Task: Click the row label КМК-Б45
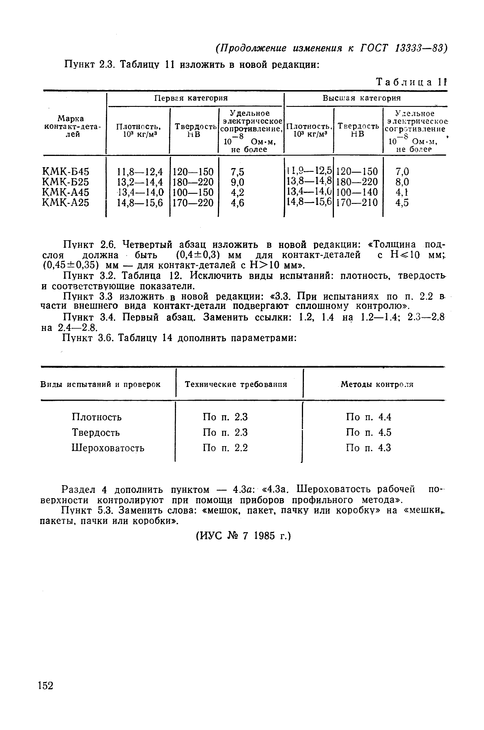(66, 172)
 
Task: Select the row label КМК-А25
(66, 203)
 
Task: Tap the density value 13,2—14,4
(140, 182)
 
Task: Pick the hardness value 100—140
(357, 192)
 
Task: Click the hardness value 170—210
(357, 203)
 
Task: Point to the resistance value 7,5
(237, 172)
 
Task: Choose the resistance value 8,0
(402, 182)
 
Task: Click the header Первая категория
(191, 98)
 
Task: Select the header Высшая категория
(361, 98)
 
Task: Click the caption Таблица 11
(411, 82)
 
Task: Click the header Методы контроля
(377, 384)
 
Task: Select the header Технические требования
(236, 384)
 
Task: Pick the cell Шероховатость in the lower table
(108, 448)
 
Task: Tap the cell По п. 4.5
(369, 432)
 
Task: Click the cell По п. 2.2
(225, 448)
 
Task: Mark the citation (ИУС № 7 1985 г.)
(244, 536)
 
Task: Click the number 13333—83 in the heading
(419, 48)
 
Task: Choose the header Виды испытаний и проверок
(100, 384)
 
